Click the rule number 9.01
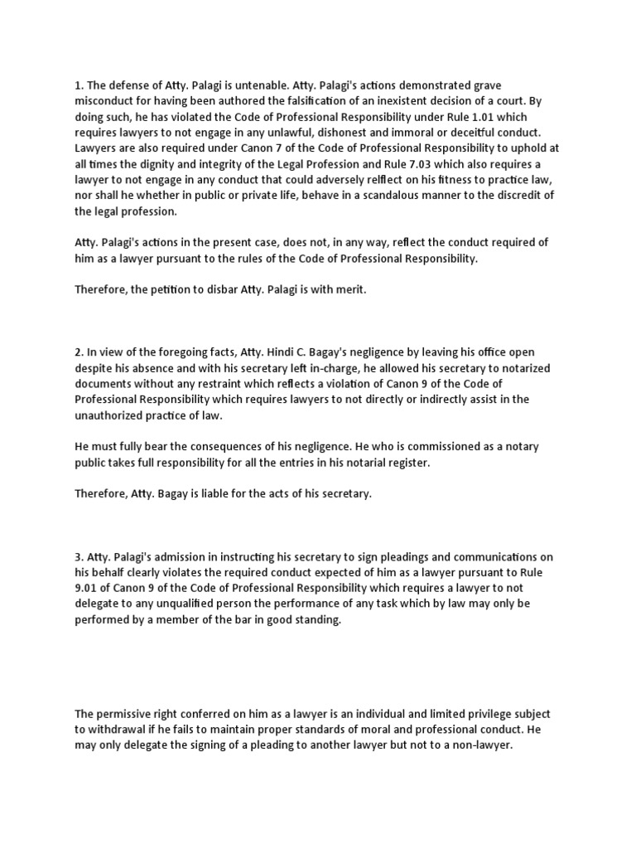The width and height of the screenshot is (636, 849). (89, 588)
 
